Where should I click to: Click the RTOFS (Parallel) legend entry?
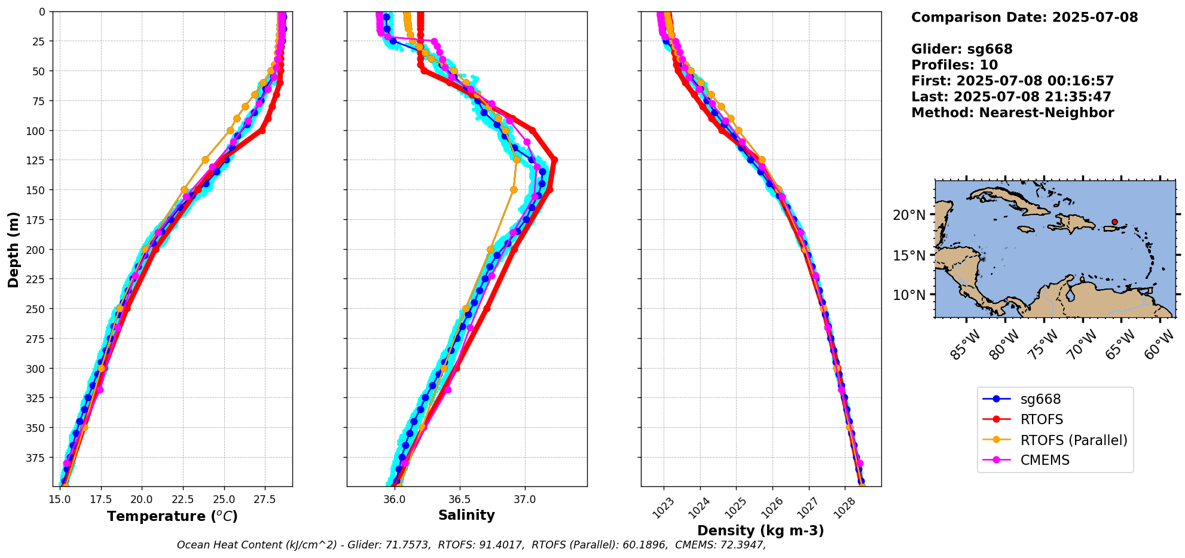(1073, 440)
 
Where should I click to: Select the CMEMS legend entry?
(1044, 461)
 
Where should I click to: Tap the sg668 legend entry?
(1040, 400)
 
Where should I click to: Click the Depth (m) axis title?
(13, 249)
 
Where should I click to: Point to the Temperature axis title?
(172, 516)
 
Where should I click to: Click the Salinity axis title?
(466, 516)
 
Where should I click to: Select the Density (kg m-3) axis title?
(761, 531)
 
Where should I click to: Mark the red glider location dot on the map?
(1114, 222)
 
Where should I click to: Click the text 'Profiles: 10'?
(954, 65)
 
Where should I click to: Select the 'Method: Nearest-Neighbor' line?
(1012, 113)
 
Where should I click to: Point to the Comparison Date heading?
(1024, 17)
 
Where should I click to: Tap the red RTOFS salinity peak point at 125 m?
(554, 160)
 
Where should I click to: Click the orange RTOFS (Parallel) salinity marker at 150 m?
(514, 190)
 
